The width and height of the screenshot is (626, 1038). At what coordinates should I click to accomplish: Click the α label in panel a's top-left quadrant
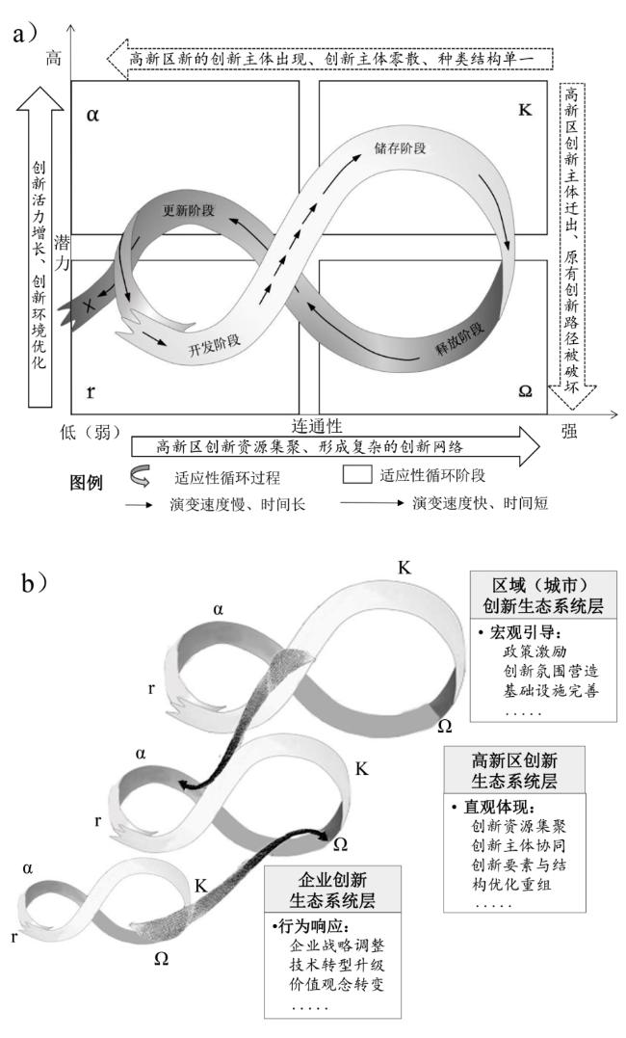[x=92, y=116]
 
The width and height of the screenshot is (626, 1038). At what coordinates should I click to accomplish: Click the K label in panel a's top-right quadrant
[x=525, y=109]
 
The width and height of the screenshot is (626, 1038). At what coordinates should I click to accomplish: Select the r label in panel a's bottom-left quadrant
[x=91, y=391]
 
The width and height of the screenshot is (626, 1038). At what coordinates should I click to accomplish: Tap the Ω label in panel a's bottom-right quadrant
[x=525, y=391]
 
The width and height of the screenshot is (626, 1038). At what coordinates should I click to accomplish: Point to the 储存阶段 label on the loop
[x=401, y=147]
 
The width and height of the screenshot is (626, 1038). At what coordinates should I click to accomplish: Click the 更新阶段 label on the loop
[x=189, y=211]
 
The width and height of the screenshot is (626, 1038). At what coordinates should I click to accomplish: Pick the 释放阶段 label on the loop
[x=460, y=339]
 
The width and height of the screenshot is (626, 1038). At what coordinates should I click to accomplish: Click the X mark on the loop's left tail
[x=89, y=306]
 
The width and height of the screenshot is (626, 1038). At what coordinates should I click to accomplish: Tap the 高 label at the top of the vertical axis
[x=54, y=58]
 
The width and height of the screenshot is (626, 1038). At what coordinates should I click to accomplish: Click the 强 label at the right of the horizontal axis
[x=569, y=432]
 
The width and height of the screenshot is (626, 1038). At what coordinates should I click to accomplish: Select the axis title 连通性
[x=317, y=426]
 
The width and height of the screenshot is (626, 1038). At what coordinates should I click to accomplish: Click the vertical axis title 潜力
[x=62, y=253]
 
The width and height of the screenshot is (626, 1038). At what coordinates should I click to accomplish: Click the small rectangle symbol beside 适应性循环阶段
[x=356, y=474]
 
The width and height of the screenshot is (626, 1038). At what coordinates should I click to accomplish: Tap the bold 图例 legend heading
[x=87, y=482]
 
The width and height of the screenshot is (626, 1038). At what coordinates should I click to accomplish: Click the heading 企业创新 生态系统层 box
[x=332, y=889]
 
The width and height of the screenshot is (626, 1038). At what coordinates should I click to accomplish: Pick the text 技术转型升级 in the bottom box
[x=337, y=964]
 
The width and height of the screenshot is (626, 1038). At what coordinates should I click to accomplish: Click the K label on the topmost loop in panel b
[x=404, y=568]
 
